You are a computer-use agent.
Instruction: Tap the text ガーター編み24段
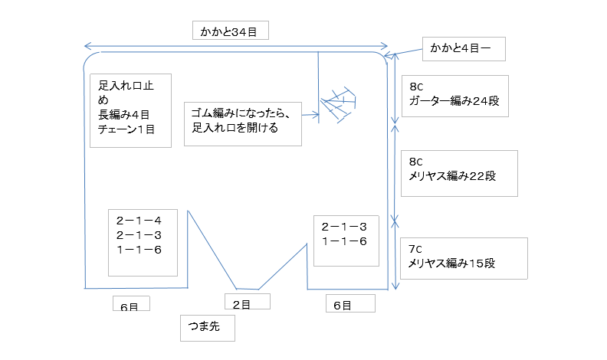[454, 101]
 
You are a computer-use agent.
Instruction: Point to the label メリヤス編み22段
[454, 176]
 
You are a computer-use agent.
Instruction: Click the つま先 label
[205, 328]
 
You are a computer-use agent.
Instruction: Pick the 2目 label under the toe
[241, 304]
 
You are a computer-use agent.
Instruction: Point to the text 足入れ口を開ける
[235, 128]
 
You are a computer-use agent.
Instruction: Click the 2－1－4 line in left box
[139, 221]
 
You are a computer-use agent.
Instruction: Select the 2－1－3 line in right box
[344, 226]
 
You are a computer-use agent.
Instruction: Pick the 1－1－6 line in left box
[139, 250]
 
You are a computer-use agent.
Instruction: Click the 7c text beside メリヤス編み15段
[415, 249]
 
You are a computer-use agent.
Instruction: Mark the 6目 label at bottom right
[342, 305]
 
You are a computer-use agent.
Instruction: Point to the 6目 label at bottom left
[129, 306]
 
